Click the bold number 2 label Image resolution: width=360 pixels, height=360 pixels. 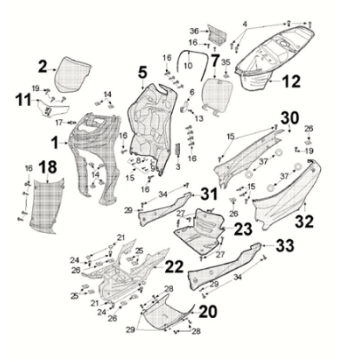pyautogui.click(x=42, y=67)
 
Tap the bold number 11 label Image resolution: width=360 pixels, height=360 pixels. pyautogui.click(x=22, y=98)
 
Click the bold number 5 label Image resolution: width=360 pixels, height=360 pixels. pyautogui.click(x=142, y=72)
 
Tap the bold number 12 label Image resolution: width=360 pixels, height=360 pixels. pyautogui.click(x=289, y=82)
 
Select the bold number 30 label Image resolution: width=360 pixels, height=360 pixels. pyautogui.click(x=288, y=118)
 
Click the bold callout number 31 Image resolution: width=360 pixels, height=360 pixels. pyautogui.click(x=208, y=193)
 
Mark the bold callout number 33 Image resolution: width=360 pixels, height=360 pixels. pyautogui.click(x=284, y=245)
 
